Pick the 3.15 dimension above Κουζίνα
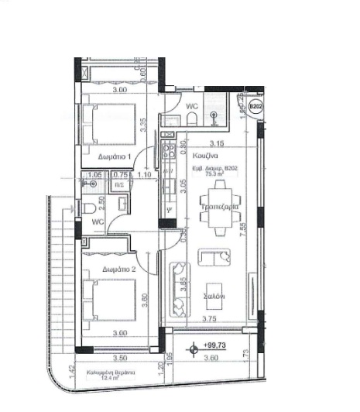(218, 142)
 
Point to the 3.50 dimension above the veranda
(119, 359)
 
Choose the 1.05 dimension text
(95, 175)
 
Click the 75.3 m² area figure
(226, 173)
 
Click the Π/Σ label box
(118, 185)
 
